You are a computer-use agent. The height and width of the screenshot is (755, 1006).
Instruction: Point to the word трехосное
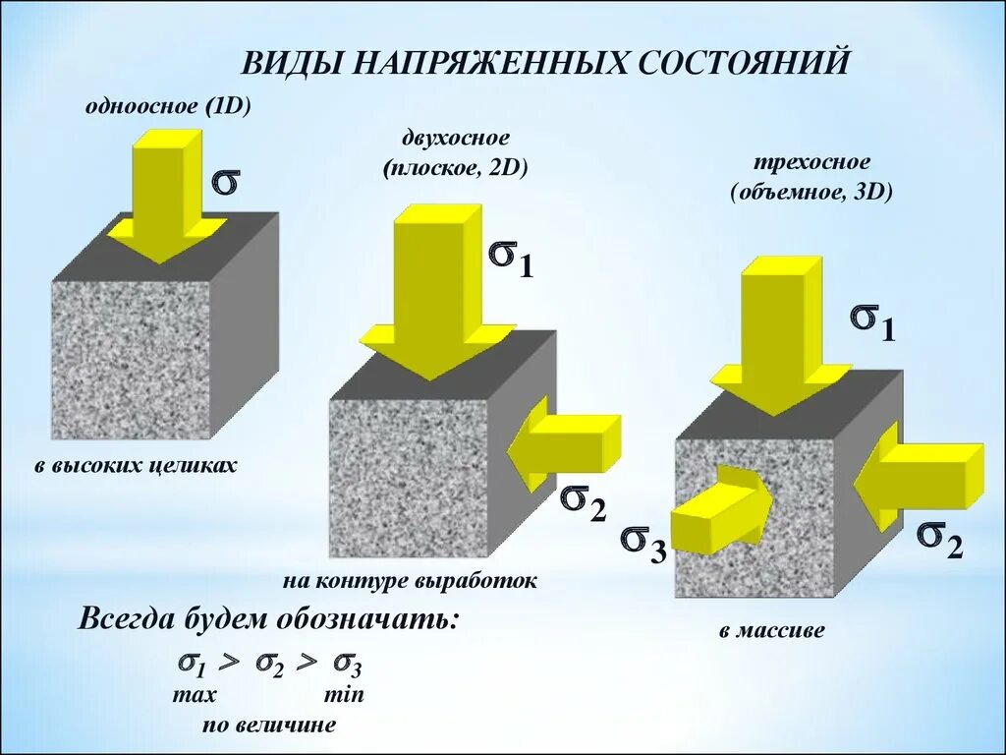coord(811,162)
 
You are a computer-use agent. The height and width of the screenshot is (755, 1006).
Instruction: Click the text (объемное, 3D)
coord(811,192)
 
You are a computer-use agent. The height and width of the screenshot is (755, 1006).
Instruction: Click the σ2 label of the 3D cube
coord(940,538)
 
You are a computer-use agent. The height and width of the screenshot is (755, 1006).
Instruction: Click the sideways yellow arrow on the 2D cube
coord(564,443)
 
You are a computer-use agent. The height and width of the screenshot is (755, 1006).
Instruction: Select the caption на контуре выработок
coord(410,581)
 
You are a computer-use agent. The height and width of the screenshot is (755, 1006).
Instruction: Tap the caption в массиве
coord(772,630)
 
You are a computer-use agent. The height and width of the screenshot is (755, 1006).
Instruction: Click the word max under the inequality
coord(195,694)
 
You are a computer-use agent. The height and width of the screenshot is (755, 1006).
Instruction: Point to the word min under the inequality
coord(343,694)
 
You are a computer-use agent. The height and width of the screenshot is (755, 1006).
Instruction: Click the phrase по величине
coord(269,726)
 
